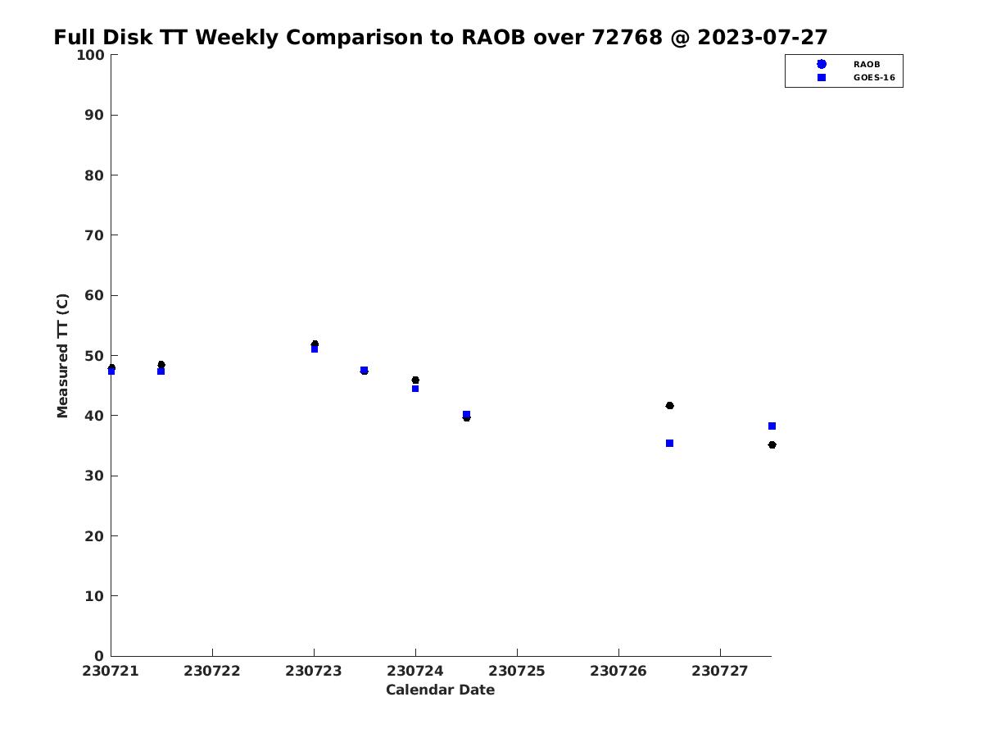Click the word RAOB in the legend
(x=866, y=65)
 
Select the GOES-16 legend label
(x=874, y=78)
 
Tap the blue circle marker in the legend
(x=822, y=64)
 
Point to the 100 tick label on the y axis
(x=90, y=55)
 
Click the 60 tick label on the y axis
(x=94, y=295)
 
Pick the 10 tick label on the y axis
(x=94, y=596)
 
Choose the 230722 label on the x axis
(x=212, y=671)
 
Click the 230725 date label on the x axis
(x=516, y=671)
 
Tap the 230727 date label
(x=720, y=671)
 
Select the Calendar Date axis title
(x=440, y=690)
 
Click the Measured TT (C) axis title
(x=62, y=356)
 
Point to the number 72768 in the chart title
(x=627, y=37)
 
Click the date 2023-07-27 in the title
(x=762, y=37)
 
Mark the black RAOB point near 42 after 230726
(x=669, y=406)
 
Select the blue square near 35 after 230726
(x=669, y=443)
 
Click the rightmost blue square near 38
(x=772, y=426)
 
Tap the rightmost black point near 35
(x=772, y=445)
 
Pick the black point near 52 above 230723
(x=315, y=344)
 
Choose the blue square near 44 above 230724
(x=415, y=389)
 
